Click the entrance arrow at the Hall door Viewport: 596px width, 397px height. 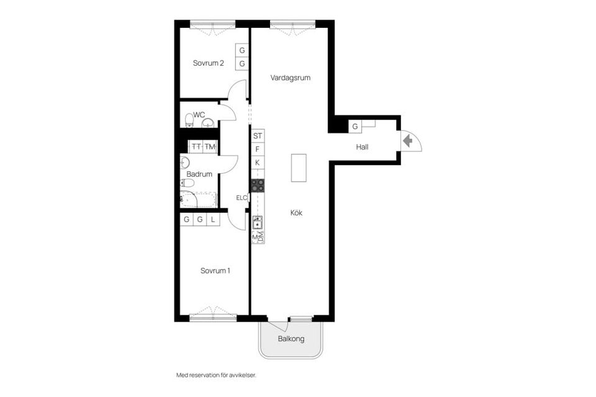coord(407,141)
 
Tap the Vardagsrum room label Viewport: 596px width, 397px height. coord(290,78)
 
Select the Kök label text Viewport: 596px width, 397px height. coord(296,213)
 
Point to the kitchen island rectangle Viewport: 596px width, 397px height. coord(299,167)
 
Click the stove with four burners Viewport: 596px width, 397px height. coord(258,185)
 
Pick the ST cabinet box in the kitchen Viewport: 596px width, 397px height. coord(258,136)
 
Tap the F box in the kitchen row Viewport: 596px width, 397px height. coord(258,149)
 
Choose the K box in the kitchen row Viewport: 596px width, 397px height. coord(258,163)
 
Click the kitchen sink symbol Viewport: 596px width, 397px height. coord(258,223)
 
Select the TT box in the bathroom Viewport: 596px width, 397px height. coord(196,147)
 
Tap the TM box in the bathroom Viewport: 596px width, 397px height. coord(210,147)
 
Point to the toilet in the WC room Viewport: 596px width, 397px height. coord(189,120)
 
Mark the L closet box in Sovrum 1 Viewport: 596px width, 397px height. coord(212,220)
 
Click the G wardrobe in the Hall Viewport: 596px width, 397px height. coord(355,127)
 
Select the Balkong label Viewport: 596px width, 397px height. coord(291,339)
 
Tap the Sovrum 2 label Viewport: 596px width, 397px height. coord(208,63)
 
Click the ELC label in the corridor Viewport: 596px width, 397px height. coord(241,198)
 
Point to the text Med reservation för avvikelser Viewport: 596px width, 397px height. coord(216,375)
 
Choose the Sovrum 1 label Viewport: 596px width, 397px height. coord(215,270)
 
